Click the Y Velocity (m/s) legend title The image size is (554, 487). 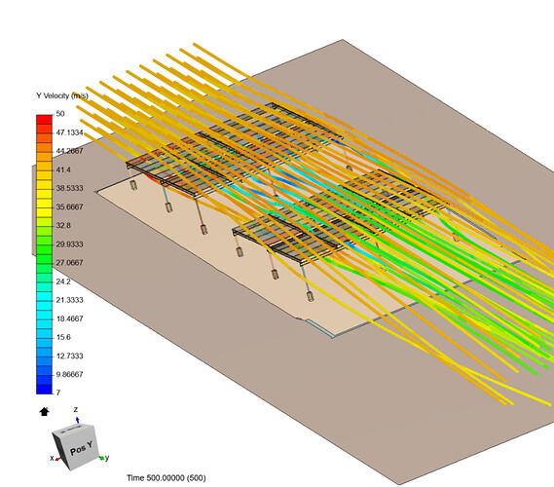62,95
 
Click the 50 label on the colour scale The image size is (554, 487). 60,114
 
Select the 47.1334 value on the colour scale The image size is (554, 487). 69,132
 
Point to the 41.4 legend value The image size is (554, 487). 63,169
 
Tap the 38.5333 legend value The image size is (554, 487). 69,188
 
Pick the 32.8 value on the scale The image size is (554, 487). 63,225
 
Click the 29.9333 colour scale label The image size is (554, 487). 69,244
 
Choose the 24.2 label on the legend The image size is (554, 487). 63,281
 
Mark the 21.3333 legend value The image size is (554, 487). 69,300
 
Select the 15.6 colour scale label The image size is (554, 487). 63,337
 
